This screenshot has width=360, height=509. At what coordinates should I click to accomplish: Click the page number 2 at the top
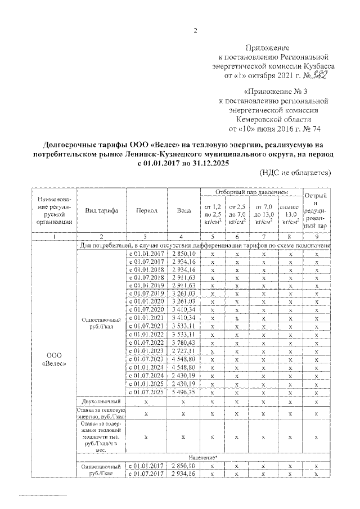195,30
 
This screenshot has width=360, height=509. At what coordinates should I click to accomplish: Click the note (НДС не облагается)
295,172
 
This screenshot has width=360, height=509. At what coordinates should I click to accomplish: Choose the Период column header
147,210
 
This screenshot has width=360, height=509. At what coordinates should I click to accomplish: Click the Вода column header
183,210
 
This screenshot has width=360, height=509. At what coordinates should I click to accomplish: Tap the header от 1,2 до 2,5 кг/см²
211,214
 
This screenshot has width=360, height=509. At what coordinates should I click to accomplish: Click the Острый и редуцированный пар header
317,210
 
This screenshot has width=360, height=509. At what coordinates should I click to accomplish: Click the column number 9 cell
317,237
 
